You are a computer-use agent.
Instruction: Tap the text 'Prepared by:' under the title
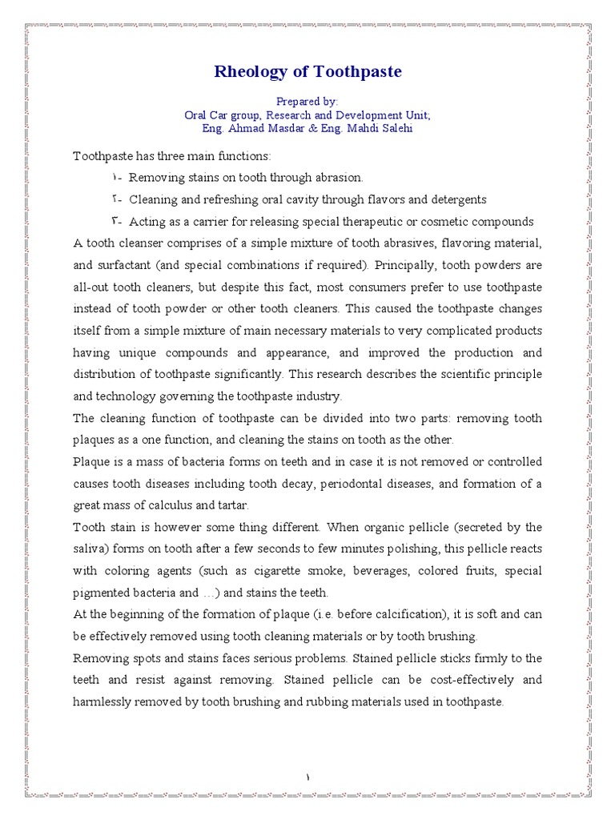pos(307,102)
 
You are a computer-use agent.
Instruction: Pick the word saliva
pos(90,549)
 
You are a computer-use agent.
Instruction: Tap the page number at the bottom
pos(307,776)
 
